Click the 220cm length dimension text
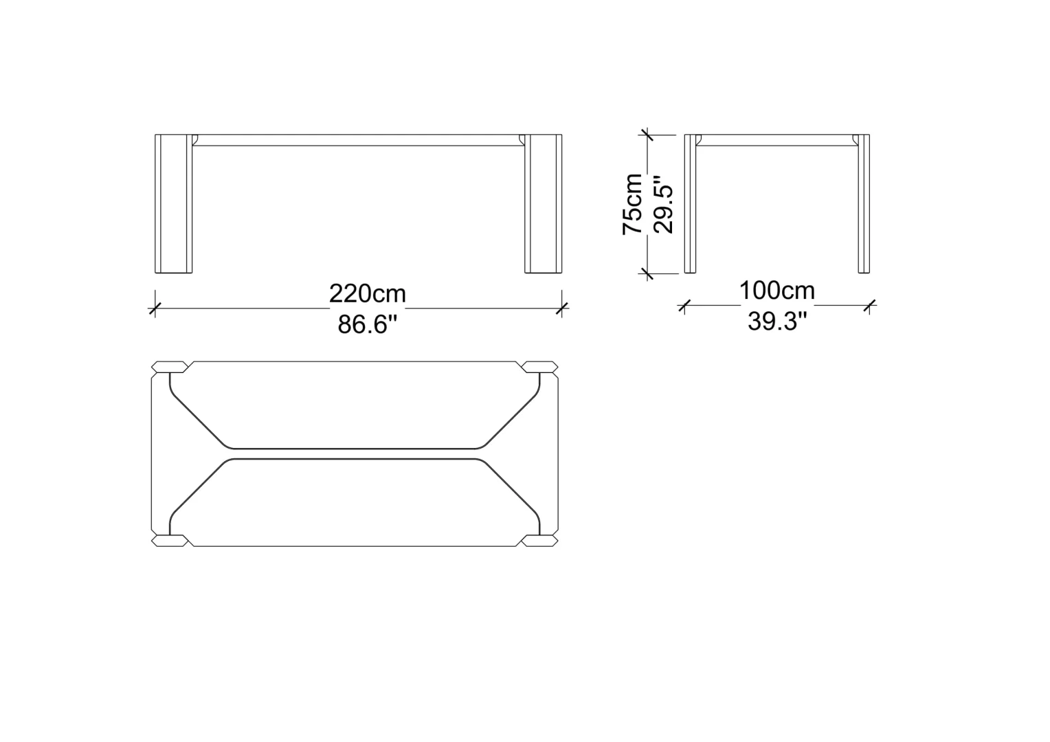(368, 294)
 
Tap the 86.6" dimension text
(368, 324)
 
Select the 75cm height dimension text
(632, 204)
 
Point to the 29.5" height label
(663, 204)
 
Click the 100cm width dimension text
(777, 291)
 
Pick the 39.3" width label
(777, 322)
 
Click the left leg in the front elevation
(173, 203)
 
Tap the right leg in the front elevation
(544, 203)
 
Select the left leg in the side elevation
(690, 203)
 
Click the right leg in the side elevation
(864, 203)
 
